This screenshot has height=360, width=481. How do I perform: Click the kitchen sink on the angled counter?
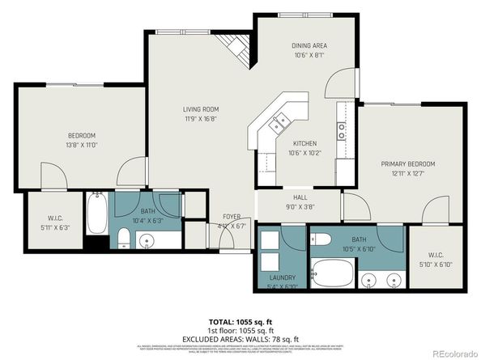[x=280, y=121]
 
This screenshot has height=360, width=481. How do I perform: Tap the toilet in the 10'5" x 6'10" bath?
[x=321, y=239]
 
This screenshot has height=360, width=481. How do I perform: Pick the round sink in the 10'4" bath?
[x=146, y=240]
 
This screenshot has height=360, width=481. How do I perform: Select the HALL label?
[x=299, y=196]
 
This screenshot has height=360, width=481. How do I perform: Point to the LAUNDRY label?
[x=282, y=277]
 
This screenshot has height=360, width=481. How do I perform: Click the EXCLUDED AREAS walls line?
[x=240, y=339]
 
